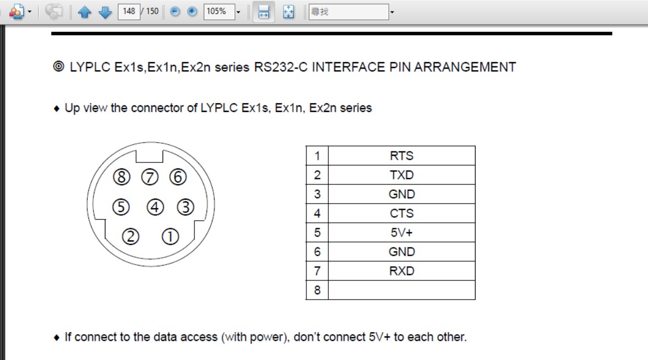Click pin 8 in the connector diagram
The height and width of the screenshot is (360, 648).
pyautogui.click(x=122, y=177)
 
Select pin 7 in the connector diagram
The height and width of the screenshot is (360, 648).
pyautogui.click(x=150, y=177)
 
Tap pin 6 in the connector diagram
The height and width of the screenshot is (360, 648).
pyautogui.click(x=178, y=177)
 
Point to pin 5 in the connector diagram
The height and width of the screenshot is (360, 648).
pyautogui.click(x=121, y=207)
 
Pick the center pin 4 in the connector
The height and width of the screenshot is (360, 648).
pyautogui.click(x=155, y=207)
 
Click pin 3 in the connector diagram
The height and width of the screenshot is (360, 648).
pyautogui.click(x=186, y=207)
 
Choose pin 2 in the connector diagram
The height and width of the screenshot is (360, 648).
pyautogui.click(x=131, y=237)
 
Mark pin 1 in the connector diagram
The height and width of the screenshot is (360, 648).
pyautogui.click(x=170, y=237)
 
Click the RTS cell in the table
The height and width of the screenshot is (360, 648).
pyautogui.click(x=401, y=156)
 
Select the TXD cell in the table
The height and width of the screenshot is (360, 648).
pyautogui.click(x=401, y=175)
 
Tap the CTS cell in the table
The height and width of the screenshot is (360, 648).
pyautogui.click(x=401, y=213)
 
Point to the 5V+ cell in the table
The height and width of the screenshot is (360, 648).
pyautogui.click(x=401, y=233)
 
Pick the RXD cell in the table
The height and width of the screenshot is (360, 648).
pyautogui.click(x=401, y=271)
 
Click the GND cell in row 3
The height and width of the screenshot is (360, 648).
pyautogui.click(x=401, y=194)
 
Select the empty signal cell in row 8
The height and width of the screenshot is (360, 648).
pyautogui.click(x=401, y=290)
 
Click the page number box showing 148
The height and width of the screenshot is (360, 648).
pyautogui.click(x=129, y=11)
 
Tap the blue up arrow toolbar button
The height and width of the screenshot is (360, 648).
pyautogui.click(x=85, y=12)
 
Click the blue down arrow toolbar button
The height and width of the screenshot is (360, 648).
pyautogui.click(x=105, y=12)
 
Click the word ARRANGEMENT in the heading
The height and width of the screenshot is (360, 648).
pyautogui.click(x=465, y=67)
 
